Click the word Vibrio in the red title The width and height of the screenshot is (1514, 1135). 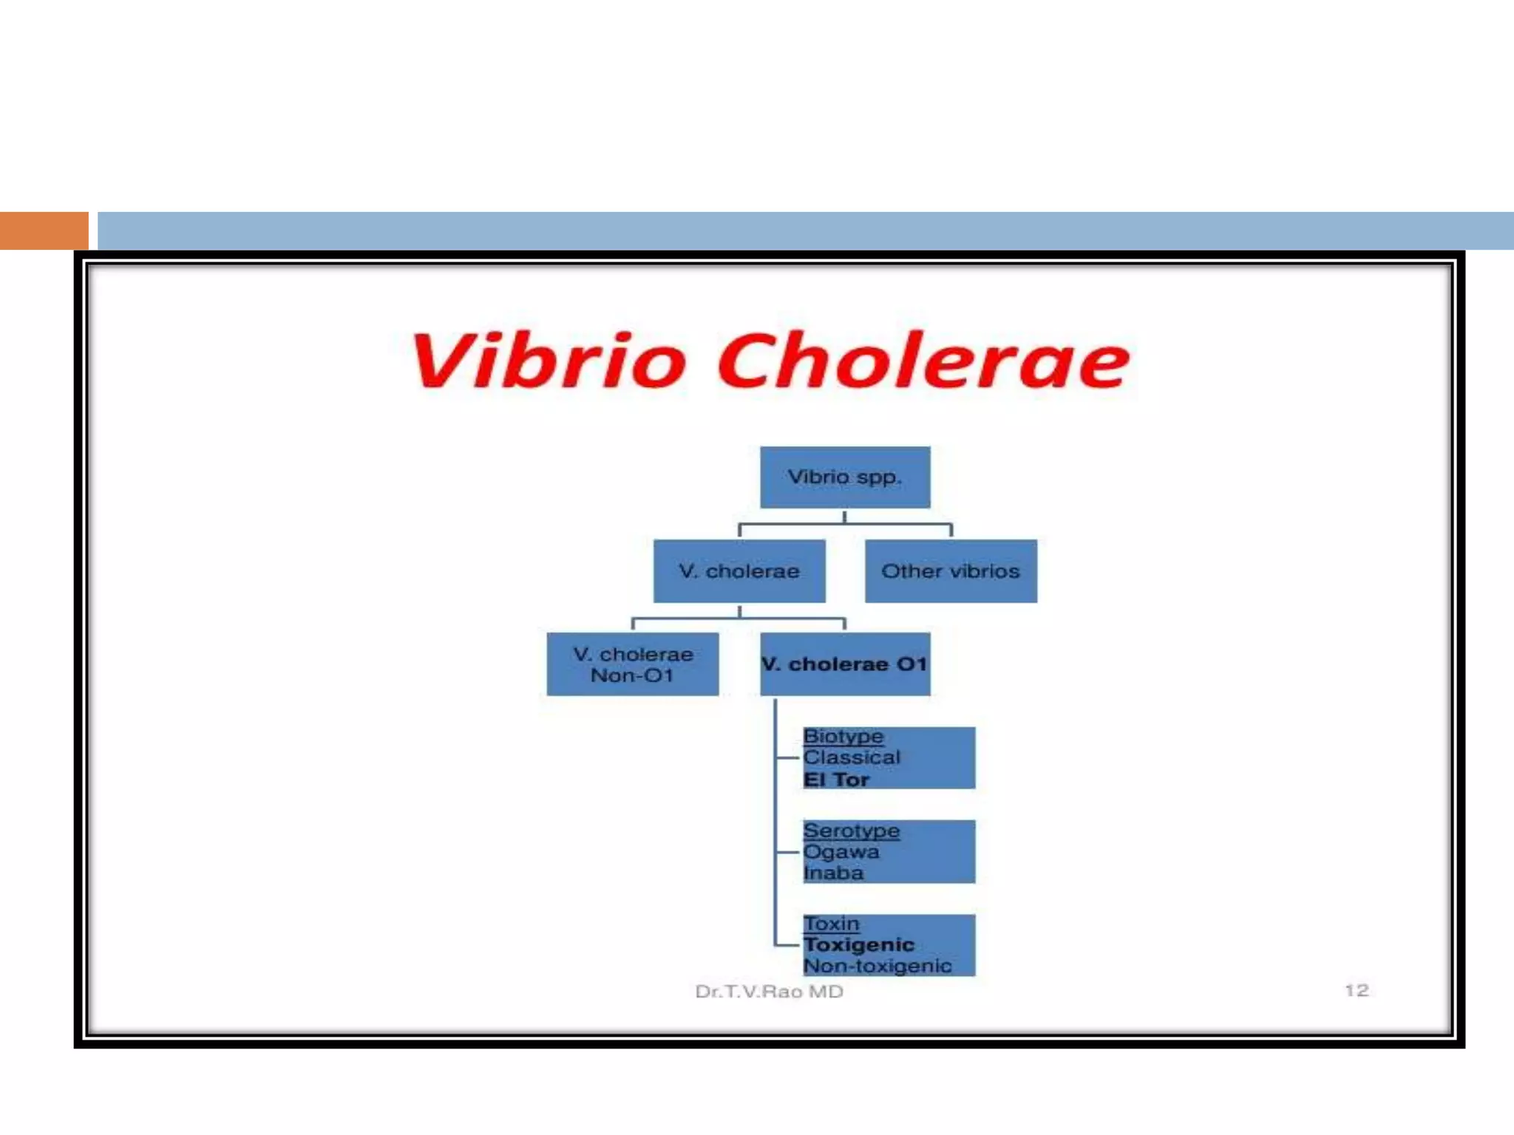(x=549, y=361)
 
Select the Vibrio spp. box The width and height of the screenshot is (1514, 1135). (x=845, y=477)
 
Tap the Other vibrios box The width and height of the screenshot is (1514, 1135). (x=951, y=571)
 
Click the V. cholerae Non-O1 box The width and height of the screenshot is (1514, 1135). (x=633, y=664)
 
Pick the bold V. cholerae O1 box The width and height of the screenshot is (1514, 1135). (x=845, y=664)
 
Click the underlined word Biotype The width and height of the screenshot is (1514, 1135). (x=843, y=737)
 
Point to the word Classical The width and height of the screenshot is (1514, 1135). (x=852, y=757)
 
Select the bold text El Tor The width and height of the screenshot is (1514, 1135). (x=836, y=780)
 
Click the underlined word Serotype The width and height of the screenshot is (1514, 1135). (x=852, y=831)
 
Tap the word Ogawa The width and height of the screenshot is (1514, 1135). (x=841, y=852)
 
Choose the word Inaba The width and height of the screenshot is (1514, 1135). (x=833, y=873)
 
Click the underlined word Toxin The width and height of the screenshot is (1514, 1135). (x=832, y=924)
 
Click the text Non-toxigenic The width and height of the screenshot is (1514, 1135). (x=877, y=967)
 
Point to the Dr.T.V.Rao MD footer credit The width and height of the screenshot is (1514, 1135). (x=769, y=992)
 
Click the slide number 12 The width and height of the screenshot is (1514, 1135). (x=1357, y=990)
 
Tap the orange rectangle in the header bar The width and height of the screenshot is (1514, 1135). (x=44, y=231)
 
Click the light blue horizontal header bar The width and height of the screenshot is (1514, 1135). (x=806, y=231)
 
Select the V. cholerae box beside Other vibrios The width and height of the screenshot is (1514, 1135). (x=739, y=571)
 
